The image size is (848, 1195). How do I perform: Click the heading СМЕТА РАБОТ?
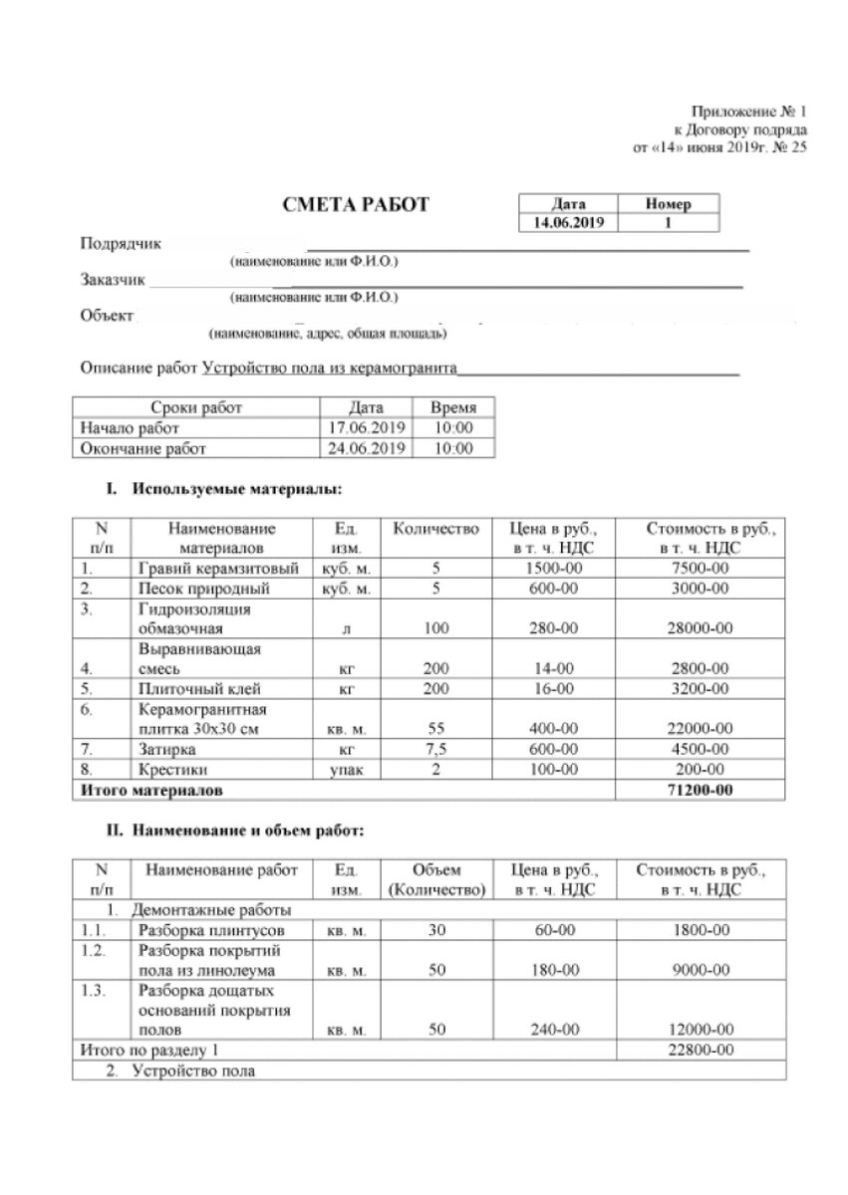[357, 205]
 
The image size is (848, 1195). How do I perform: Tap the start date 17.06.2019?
[366, 428]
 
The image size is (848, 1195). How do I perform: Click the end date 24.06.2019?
[366, 449]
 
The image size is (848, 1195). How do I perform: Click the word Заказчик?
[113, 280]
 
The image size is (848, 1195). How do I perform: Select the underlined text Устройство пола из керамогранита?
[329, 367]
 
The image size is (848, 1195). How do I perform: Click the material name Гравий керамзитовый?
[219, 569]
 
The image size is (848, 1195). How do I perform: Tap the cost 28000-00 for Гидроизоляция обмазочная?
[700, 628]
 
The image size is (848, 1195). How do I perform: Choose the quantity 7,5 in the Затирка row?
[434, 748]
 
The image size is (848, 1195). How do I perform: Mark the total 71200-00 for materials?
[700, 790]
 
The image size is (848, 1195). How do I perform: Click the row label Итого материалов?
[151, 790]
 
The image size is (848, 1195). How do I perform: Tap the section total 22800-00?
[700, 1051]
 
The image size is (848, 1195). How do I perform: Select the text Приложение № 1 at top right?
[753, 112]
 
